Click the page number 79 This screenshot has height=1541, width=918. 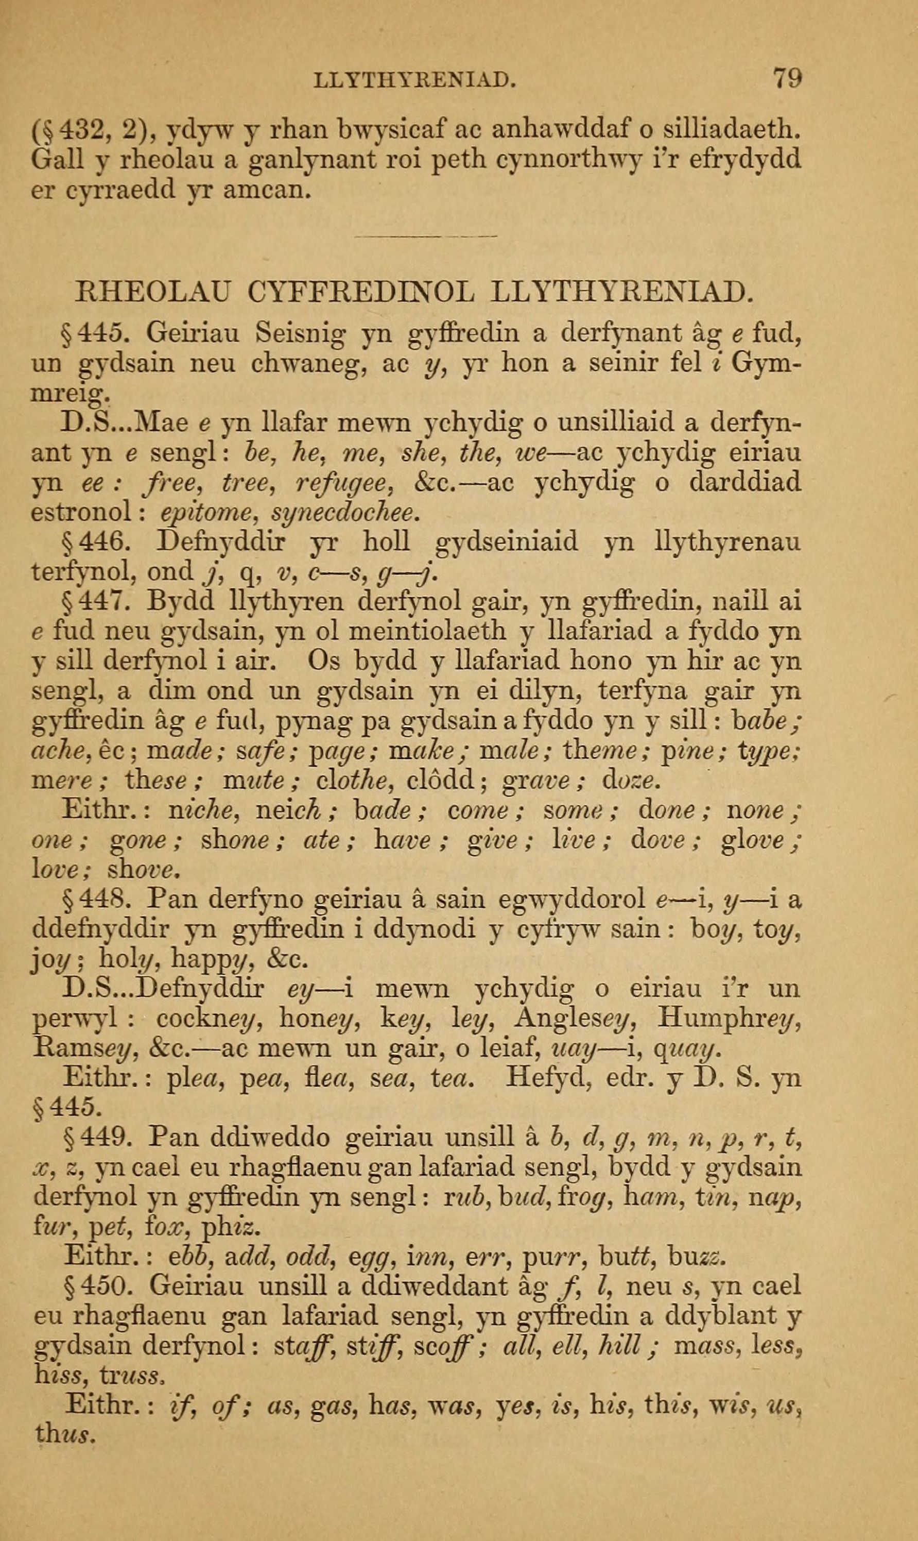(787, 79)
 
